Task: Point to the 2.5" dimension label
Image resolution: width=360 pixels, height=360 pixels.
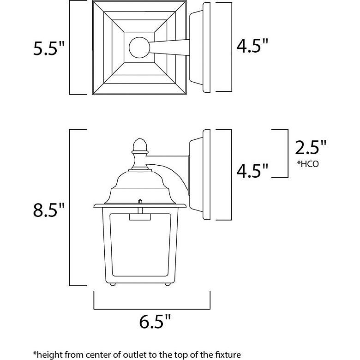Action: click(x=311, y=149)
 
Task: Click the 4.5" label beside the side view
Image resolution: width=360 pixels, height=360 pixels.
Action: click(x=252, y=170)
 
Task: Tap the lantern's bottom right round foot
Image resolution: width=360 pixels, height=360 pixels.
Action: click(x=164, y=284)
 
